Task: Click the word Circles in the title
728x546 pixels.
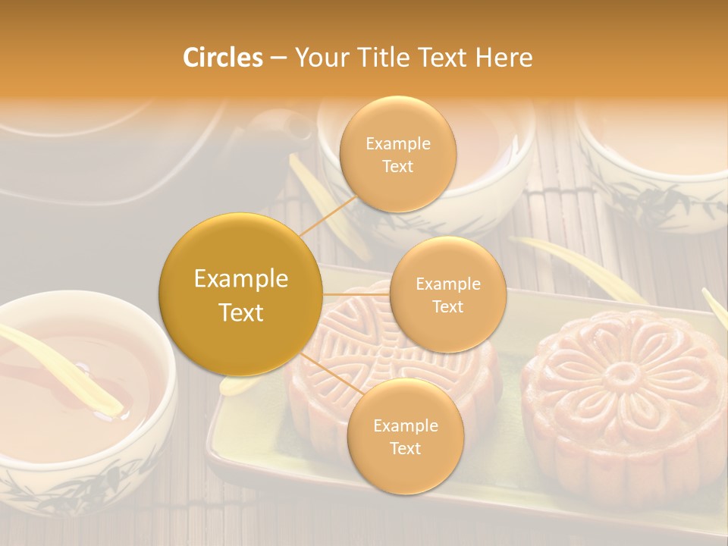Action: [222, 58]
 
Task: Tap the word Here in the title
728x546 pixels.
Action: [504, 58]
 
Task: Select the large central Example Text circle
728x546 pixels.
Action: [241, 295]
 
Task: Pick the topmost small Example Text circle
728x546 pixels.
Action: [397, 155]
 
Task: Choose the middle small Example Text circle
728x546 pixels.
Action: [447, 294]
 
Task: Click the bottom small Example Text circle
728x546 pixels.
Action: [405, 436]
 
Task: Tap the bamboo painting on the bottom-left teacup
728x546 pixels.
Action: [68, 493]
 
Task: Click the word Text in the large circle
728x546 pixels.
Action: [241, 312]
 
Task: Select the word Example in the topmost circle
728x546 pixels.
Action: [397, 144]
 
